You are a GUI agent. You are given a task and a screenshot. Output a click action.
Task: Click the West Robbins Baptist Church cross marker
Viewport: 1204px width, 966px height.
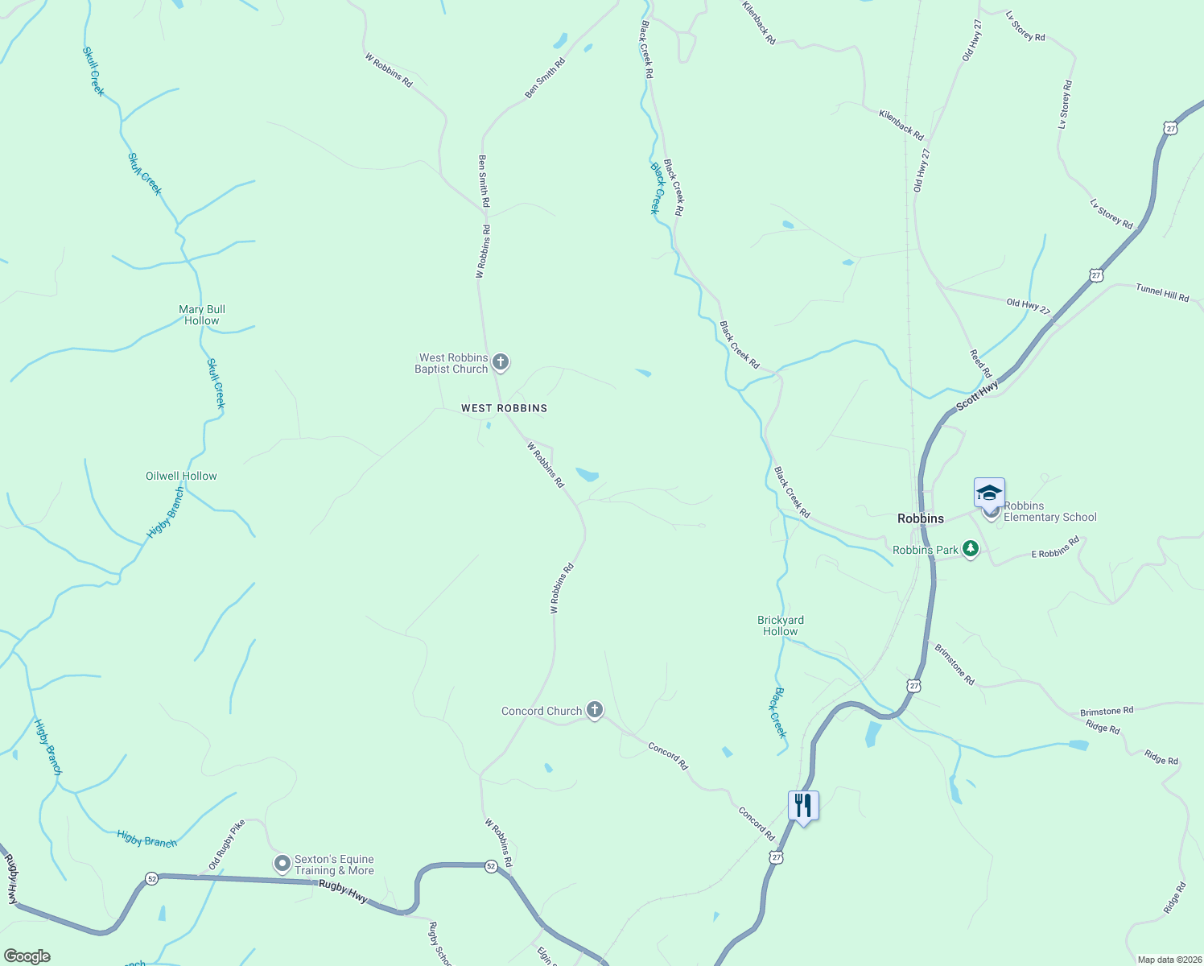tap(501, 362)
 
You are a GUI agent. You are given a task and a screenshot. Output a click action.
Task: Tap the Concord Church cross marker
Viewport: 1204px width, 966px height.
tap(595, 710)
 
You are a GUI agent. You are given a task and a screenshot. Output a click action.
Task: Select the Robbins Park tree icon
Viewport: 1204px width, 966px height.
tap(971, 549)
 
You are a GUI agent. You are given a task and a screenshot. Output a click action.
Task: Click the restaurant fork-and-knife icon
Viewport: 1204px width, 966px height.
tap(803, 805)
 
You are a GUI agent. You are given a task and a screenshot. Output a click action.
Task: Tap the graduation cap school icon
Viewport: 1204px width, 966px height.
tap(988, 492)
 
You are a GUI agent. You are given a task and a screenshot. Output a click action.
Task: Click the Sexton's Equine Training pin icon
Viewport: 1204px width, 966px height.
tap(282, 864)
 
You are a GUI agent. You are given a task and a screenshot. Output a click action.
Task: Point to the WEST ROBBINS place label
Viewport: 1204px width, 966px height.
tap(504, 408)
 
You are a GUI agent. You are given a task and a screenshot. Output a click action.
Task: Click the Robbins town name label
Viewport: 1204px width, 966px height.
tap(921, 518)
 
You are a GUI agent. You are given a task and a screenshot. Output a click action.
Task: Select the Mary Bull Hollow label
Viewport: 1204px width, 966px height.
tap(202, 315)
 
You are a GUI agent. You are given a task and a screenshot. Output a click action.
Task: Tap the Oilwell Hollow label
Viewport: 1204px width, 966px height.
tap(181, 476)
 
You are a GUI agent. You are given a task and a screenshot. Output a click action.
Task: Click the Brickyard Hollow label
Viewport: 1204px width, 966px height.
tap(780, 625)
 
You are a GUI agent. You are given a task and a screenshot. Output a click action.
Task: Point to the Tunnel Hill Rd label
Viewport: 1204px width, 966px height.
tap(1162, 292)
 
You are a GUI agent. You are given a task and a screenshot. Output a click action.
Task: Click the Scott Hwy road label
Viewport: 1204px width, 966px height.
tap(977, 395)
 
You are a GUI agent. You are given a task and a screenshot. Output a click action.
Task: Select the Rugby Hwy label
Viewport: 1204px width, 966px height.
tap(343, 890)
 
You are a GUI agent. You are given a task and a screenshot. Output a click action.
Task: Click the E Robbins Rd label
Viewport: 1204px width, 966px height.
tap(1055, 548)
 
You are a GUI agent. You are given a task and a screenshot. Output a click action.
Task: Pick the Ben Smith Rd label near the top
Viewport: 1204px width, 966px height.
tap(545, 78)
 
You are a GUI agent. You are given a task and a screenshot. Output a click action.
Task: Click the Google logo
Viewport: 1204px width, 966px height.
tap(27, 956)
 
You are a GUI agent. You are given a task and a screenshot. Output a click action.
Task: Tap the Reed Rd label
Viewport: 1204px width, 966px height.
tap(980, 363)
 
